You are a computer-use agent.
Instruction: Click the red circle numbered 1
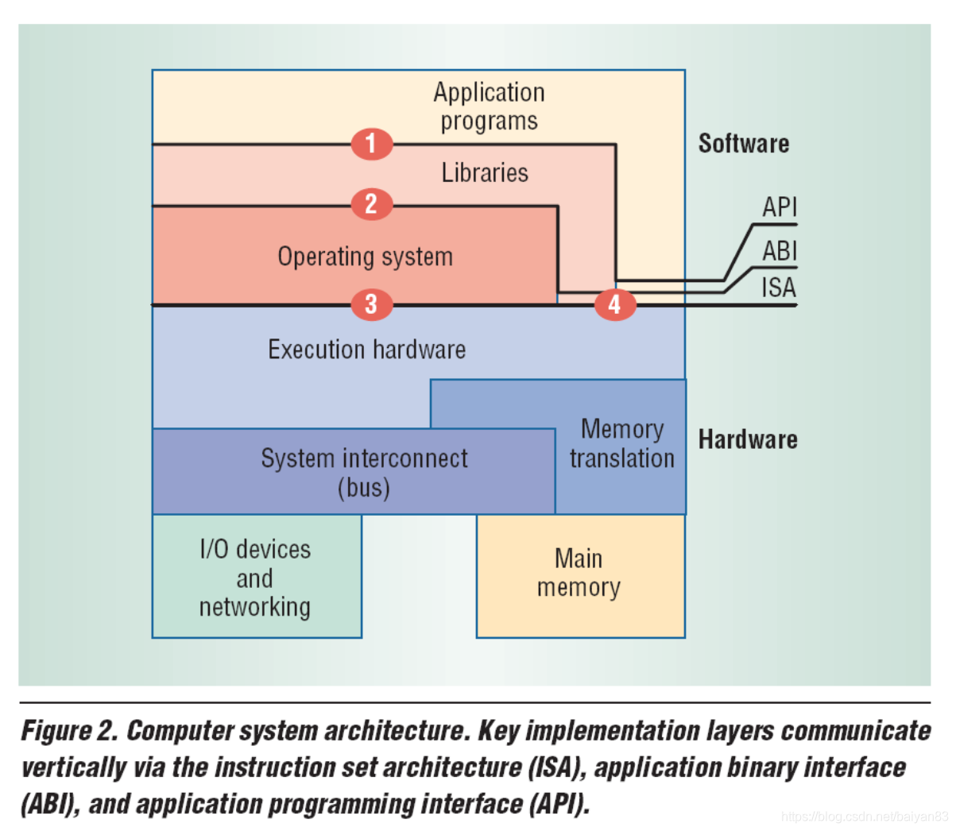pyautogui.click(x=372, y=144)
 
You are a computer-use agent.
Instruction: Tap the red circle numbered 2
pyautogui.click(x=372, y=204)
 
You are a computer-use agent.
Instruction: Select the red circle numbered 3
pyautogui.click(x=372, y=303)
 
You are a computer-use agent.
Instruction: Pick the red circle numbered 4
pyautogui.click(x=614, y=304)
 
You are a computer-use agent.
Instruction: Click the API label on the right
pyautogui.click(x=779, y=207)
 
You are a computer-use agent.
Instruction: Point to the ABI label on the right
pyautogui.click(x=779, y=251)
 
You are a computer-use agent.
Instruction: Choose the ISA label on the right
pyautogui.click(x=778, y=287)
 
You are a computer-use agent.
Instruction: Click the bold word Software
pyautogui.click(x=743, y=144)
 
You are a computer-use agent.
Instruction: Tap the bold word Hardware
pyautogui.click(x=747, y=439)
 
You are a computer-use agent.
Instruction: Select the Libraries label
pyautogui.click(x=485, y=172)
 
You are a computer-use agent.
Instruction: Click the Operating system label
pyautogui.click(x=365, y=257)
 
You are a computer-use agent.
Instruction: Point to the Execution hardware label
pyautogui.click(x=366, y=350)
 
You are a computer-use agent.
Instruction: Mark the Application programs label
pyautogui.click(x=489, y=106)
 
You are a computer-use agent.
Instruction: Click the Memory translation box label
pyautogui.click(x=621, y=443)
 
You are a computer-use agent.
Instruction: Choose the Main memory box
pyautogui.click(x=579, y=574)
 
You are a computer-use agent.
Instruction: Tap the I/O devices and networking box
pyautogui.click(x=255, y=578)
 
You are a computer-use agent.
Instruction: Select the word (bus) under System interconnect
pyautogui.click(x=364, y=487)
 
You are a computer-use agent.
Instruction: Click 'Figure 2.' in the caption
pyautogui.click(x=69, y=731)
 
